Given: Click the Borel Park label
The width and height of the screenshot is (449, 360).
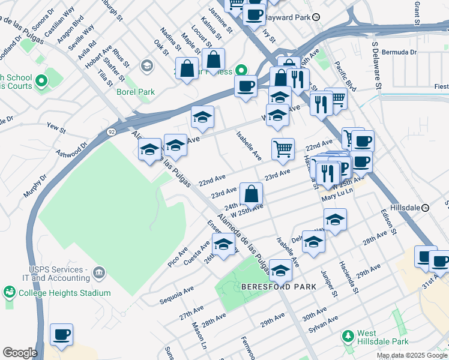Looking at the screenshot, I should click(x=136, y=92).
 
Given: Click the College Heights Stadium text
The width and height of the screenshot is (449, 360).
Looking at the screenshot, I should click(x=64, y=293).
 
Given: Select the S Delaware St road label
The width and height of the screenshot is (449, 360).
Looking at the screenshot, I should click(x=376, y=66).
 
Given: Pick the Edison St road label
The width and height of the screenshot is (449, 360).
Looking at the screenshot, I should click(x=388, y=221).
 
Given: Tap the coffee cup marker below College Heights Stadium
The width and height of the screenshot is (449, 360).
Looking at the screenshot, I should click(x=61, y=334).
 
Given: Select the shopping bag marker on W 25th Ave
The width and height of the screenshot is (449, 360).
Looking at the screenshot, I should click(x=251, y=194).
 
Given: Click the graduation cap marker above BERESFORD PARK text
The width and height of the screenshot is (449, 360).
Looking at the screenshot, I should click(x=280, y=271).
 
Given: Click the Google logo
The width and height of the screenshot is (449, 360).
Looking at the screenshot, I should click(x=20, y=353).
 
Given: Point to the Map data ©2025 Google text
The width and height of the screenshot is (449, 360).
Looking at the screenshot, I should click(x=412, y=355).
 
